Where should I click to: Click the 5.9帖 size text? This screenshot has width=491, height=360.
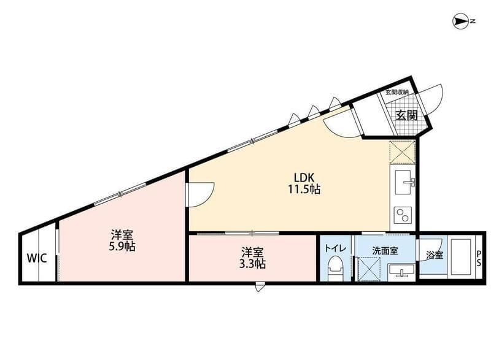pos(123,247)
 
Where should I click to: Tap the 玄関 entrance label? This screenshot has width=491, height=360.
pos(405,114)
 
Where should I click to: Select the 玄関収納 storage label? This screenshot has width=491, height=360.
pos(397,92)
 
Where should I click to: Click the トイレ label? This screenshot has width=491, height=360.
pos(334,249)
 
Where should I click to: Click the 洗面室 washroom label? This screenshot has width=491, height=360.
pos(385,250)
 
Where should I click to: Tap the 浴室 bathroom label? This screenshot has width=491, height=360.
pos(435,255)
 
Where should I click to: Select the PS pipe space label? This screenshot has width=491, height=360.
pos(479,258)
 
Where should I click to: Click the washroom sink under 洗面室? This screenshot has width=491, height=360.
pos(401,271)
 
